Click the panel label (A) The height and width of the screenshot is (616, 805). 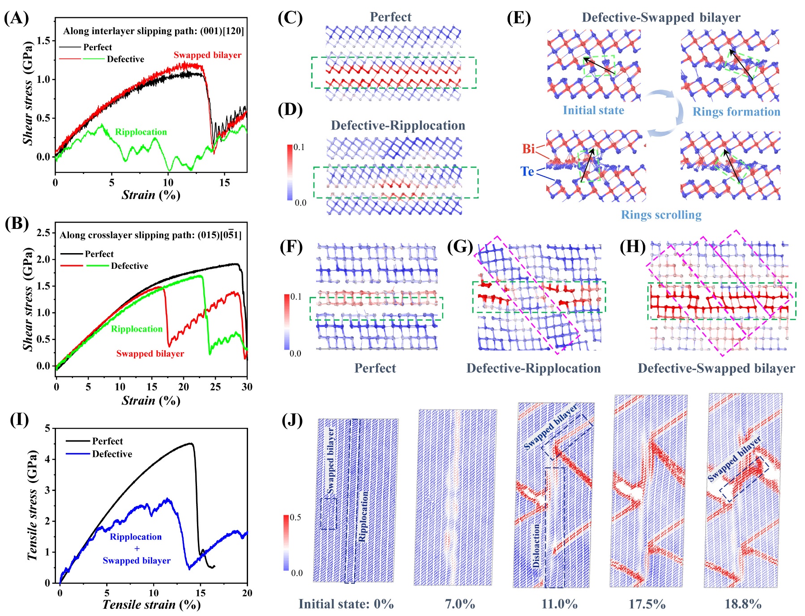(17, 18)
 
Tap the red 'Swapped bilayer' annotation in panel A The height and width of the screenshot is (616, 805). (207, 55)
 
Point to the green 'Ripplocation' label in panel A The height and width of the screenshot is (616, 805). (141, 132)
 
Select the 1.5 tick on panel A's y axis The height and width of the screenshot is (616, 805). (43, 41)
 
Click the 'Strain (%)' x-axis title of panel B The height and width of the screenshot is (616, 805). (151, 400)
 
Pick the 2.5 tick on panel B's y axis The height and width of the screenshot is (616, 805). (43, 233)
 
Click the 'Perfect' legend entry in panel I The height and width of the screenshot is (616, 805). (107, 441)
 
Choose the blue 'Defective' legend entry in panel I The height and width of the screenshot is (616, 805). (112, 454)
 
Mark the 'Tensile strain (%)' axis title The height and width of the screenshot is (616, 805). (151, 605)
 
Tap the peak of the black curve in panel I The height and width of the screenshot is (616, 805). (191, 444)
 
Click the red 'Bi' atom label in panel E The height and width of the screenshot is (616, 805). (529, 149)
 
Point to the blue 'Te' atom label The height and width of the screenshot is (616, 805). (527, 172)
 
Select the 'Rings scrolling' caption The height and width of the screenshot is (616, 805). (661, 215)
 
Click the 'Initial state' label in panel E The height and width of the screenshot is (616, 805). (593, 110)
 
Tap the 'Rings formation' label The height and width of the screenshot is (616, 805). (736, 112)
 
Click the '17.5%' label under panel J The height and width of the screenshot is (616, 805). (647, 604)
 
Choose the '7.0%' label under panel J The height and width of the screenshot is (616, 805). (460, 604)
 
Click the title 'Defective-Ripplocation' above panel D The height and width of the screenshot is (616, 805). (398, 125)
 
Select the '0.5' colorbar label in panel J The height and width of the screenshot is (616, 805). (295, 517)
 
